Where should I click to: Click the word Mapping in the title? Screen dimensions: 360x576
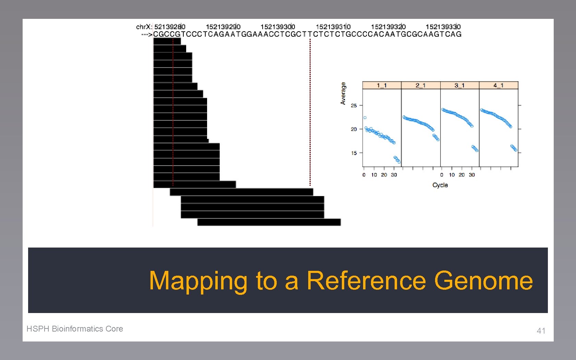pyautogui.click(x=198, y=281)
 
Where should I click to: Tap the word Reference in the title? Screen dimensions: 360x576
pyautogui.click(x=366, y=280)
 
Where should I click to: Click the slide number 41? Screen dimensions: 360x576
pyautogui.click(x=541, y=331)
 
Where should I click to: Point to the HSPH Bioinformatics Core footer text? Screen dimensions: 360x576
pyautogui.click(x=75, y=329)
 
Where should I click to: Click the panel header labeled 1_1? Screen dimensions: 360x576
pyautogui.click(x=382, y=85)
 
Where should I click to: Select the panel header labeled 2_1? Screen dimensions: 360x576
pyautogui.click(x=421, y=85)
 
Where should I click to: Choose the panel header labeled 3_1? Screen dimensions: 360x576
pyautogui.click(x=459, y=85)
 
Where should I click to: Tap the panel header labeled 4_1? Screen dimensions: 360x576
pyautogui.click(x=499, y=85)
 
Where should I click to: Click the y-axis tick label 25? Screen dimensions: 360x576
pyautogui.click(x=354, y=106)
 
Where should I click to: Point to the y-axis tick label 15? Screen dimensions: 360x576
pyautogui.click(x=354, y=153)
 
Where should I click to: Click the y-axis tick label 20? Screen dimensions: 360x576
pyautogui.click(x=354, y=129)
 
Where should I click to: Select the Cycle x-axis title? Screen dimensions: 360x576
pyautogui.click(x=440, y=185)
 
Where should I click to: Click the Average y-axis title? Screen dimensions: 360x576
pyautogui.click(x=343, y=93)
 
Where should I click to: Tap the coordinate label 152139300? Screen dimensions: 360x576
pyautogui.click(x=278, y=27)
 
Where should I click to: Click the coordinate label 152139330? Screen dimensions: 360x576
pyautogui.click(x=443, y=27)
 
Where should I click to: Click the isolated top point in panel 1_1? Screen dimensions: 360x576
pyautogui.click(x=365, y=118)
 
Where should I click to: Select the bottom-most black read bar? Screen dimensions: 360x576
pyautogui.click(x=269, y=222)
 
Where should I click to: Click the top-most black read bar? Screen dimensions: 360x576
pyautogui.click(x=167, y=41)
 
